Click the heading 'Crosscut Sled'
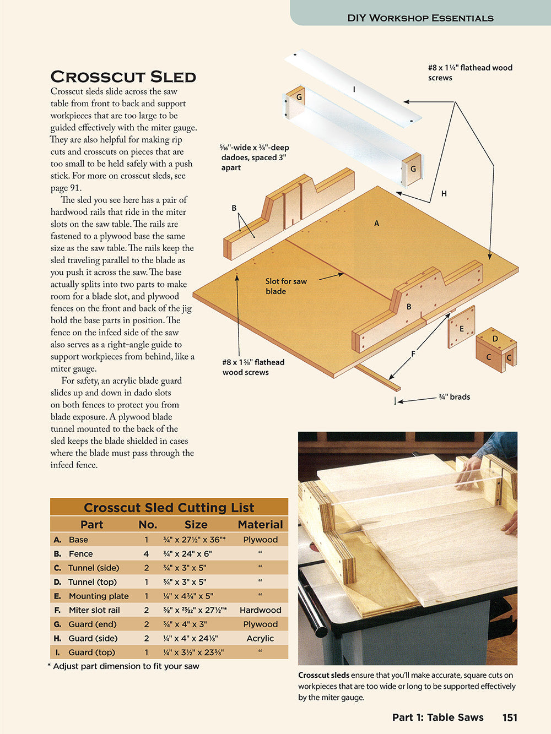(x=123, y=77)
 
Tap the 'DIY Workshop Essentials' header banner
(x=420, y=18)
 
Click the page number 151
(x=510, y=717)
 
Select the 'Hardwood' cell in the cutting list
(x=260, y=610)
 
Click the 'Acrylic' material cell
(x=260, y=638)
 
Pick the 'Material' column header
(x=260, y=524)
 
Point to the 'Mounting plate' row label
(x=98, y=596)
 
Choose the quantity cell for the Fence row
(x=147, y=554)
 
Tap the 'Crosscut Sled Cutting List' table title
(x=169, y=507)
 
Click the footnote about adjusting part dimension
(x=123, y=666)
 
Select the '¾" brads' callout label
(x=454, y=397)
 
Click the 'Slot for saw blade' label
(x=285, y=286)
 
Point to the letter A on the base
(x=376, y=224)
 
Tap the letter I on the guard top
(x=354, y=89)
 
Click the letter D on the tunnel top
(x=495, y=339)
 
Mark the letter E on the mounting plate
(x=462, y=329)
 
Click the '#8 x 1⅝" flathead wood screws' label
(x=253, y=367)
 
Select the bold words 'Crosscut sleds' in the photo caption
(x=323, y=675)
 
